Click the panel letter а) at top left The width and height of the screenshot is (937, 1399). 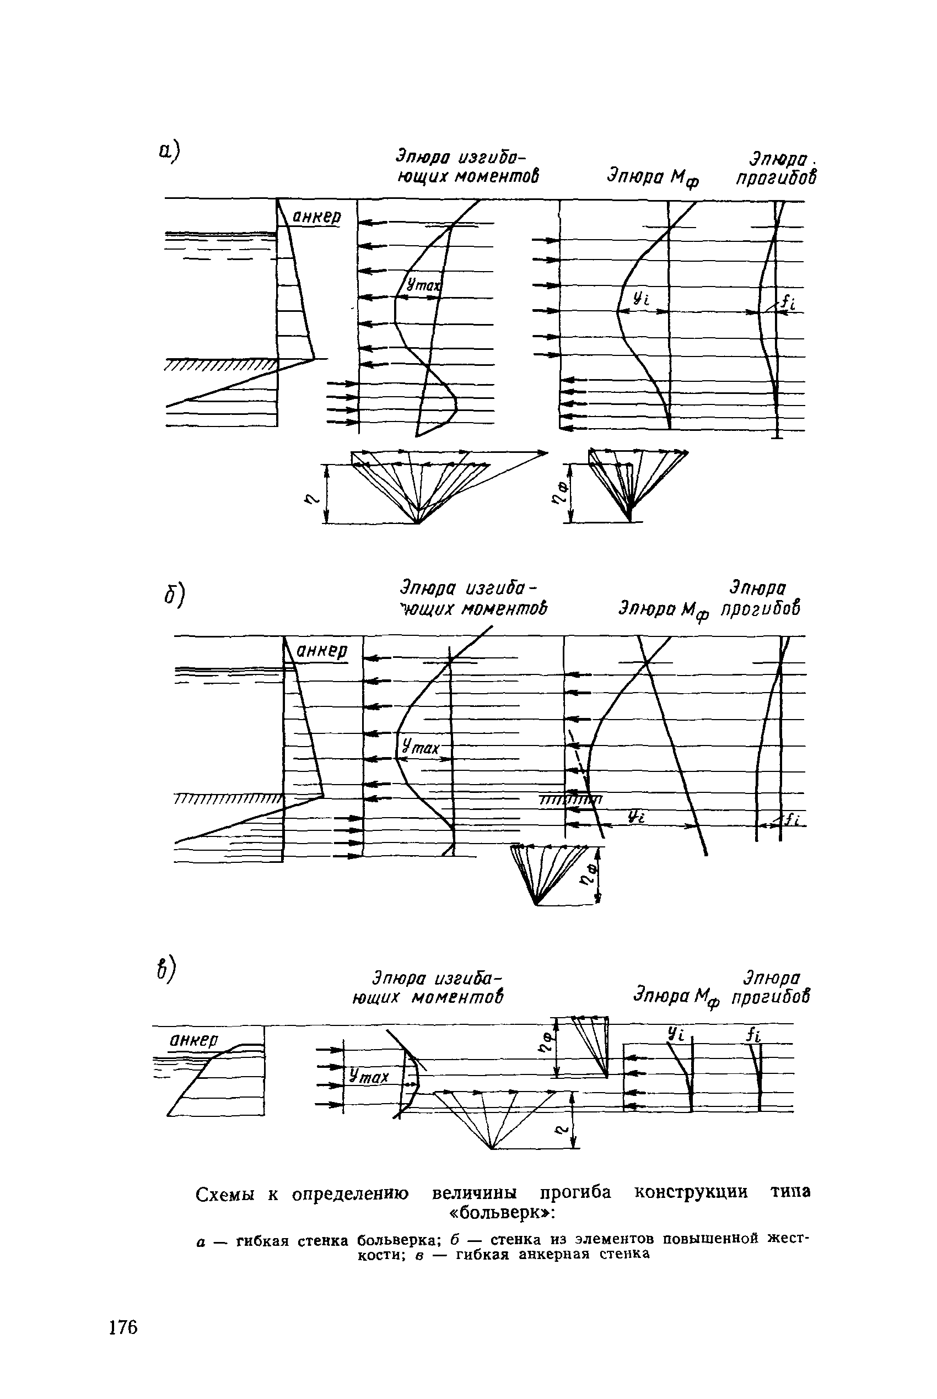tap(169, 151)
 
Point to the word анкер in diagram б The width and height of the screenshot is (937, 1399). tap(322, 650)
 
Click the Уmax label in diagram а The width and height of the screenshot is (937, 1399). tap(423, 285)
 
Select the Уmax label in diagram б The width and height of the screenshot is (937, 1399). tap(420, 746)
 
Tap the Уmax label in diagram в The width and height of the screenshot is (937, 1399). tap(369, 1077)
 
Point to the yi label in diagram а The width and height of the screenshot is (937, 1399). tap(640, 299)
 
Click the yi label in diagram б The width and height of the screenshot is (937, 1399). tap(636, 817)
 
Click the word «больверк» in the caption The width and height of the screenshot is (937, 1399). tap(502, 1213)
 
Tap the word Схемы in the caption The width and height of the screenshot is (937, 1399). tap(225, 1193)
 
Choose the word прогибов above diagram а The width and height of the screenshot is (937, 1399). tap(775, 178)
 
